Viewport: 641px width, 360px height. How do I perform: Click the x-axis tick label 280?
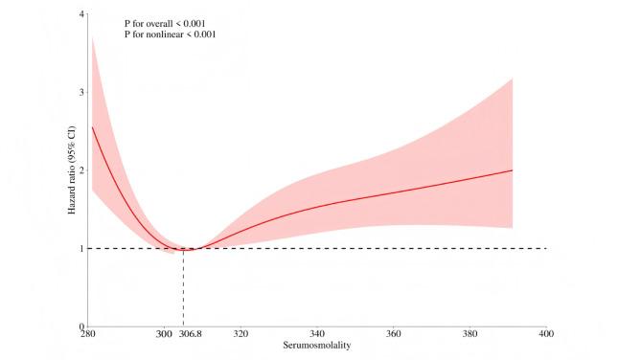(87, 335)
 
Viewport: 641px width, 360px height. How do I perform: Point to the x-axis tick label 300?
(163, 335)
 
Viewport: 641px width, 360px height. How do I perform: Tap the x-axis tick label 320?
(240, 335)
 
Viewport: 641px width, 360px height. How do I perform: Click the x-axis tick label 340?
(317, 335)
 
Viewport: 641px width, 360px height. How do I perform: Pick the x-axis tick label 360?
(393, 335)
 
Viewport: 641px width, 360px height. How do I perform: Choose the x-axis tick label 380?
(469, 335)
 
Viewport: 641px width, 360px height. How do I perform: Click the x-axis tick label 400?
(546, 335)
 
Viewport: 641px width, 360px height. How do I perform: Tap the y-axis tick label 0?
(81, 326)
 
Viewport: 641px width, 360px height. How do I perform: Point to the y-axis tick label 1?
(81, 249)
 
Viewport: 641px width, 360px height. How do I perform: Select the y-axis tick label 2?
(81, 170)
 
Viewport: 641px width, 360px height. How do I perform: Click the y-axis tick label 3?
(81, 93)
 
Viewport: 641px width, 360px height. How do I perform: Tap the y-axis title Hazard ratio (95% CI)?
(73, 170)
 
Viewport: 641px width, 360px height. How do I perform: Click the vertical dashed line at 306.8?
(183, 287)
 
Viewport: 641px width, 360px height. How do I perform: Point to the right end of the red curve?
(513, 170)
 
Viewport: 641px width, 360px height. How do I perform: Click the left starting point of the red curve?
(92, 127)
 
